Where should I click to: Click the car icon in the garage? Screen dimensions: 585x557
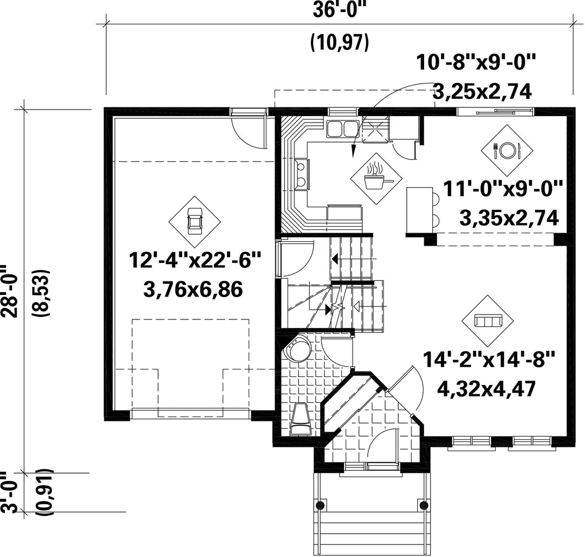(194, 222)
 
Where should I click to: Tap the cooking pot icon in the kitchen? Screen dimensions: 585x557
(376, 178)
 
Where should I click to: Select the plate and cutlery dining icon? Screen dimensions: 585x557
(506, 150)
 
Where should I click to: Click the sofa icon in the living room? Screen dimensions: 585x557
(487, 321)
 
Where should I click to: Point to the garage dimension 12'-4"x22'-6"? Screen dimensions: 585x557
(194, 260)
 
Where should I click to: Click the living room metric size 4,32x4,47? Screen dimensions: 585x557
(486, 389)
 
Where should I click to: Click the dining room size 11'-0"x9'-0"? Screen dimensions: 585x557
(503, 189)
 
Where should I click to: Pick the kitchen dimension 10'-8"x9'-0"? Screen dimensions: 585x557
(476, 62)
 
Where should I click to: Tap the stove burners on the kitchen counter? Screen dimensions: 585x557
(302, 174)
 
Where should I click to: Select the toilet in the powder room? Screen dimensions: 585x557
(301, 420)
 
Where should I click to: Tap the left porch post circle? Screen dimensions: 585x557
(320, 505)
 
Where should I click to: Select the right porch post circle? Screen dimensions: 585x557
(424, 505)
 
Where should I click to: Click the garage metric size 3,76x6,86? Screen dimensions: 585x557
(193, 289)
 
